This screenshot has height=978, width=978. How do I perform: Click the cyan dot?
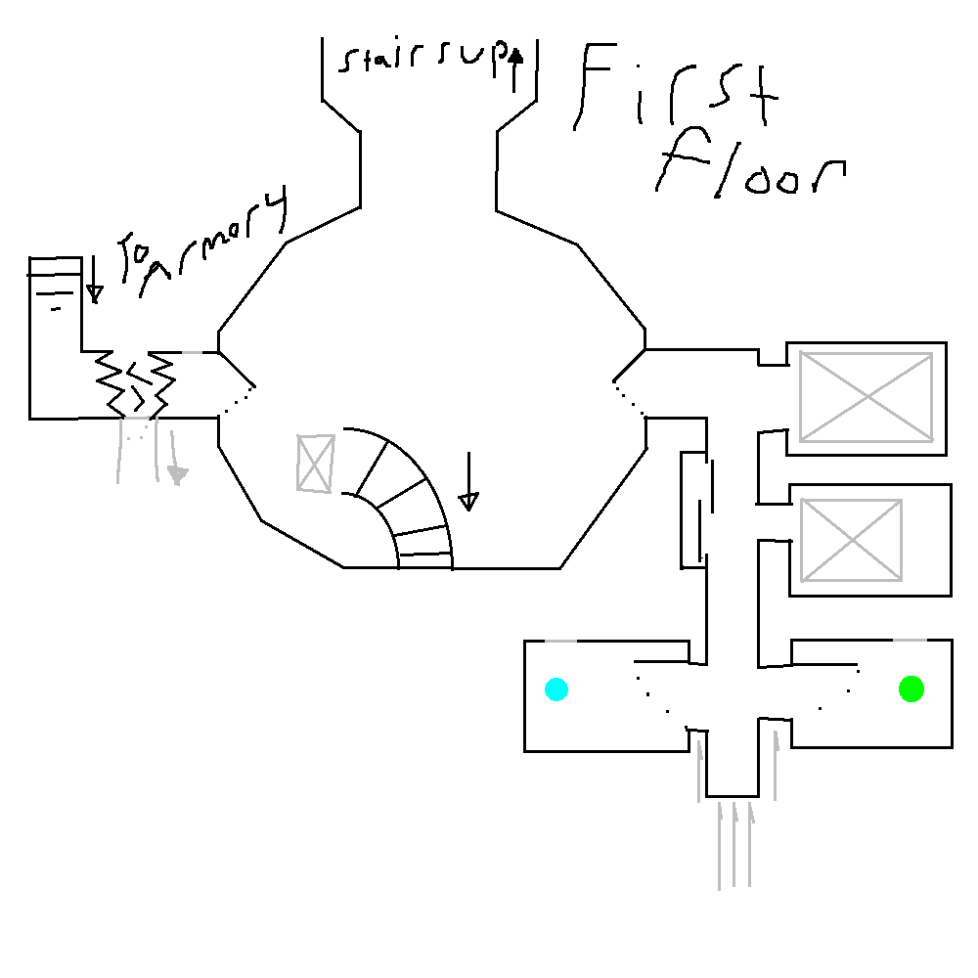[x=556, y=689]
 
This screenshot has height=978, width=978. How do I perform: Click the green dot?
[x=911, y=689]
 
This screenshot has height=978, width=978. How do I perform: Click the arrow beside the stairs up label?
[x=515, y=67]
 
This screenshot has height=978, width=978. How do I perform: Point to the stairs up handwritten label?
[x=421, y=62]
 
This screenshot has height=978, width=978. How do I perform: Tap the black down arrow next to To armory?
[x=94, y=280]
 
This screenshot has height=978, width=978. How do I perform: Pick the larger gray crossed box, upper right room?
[x=866, y=397]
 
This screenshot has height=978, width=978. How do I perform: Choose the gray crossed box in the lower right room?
[x=851, y=540]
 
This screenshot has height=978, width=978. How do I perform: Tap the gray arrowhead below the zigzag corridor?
[x=176, y=476]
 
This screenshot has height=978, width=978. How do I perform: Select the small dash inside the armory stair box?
[x=56, y=308]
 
